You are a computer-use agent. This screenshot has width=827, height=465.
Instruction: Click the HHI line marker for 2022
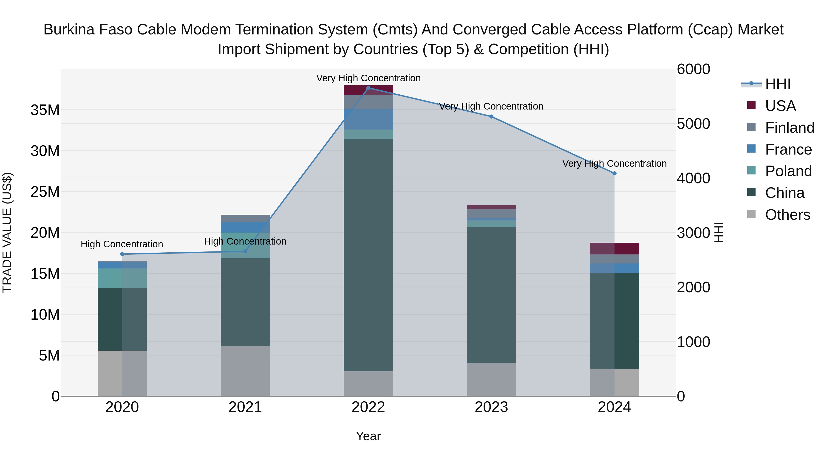click(368, 88)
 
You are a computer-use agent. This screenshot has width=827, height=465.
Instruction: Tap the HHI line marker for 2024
click(614, 173)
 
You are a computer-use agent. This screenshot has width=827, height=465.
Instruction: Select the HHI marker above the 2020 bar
click(122, 254)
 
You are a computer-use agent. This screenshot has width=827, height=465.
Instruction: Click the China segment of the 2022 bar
click(368, 255)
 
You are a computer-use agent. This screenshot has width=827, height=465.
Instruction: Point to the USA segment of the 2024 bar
click(614, 248)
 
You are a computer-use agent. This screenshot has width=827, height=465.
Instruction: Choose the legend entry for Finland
click(789, 127)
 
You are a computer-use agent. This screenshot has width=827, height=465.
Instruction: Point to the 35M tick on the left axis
click(45, 110)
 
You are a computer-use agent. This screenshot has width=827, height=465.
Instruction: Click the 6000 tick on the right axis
click(694, 69)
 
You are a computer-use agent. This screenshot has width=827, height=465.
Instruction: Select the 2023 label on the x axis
click(491, 407)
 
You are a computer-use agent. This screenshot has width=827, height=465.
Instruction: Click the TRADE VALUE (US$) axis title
click(7, 232)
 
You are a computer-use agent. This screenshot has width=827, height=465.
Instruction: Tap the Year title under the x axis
click(368, 436)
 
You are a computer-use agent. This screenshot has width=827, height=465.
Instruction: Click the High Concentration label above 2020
click(122, 244)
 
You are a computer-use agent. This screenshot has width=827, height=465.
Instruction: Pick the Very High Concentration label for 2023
click(491, 106)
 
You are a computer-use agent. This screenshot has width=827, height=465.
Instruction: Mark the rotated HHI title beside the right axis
click(719, 232)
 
